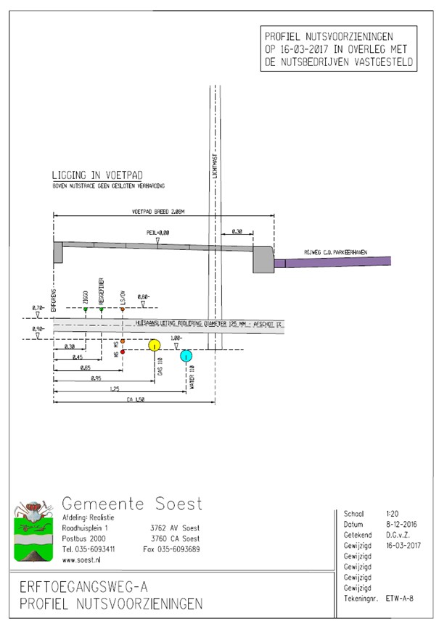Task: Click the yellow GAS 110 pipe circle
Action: tap(155, 345)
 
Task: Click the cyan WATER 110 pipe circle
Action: tap(186, 355)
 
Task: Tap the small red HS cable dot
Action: tap(123, 351)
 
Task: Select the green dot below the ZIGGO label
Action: tap(85, 310)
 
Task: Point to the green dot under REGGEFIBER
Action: tap(102, 310)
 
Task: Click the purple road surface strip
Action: tap(334, 262)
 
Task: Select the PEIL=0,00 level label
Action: tap(157, 233)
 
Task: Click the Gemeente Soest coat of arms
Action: tap(33, 533)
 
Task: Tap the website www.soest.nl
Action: tap(82, 560)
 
